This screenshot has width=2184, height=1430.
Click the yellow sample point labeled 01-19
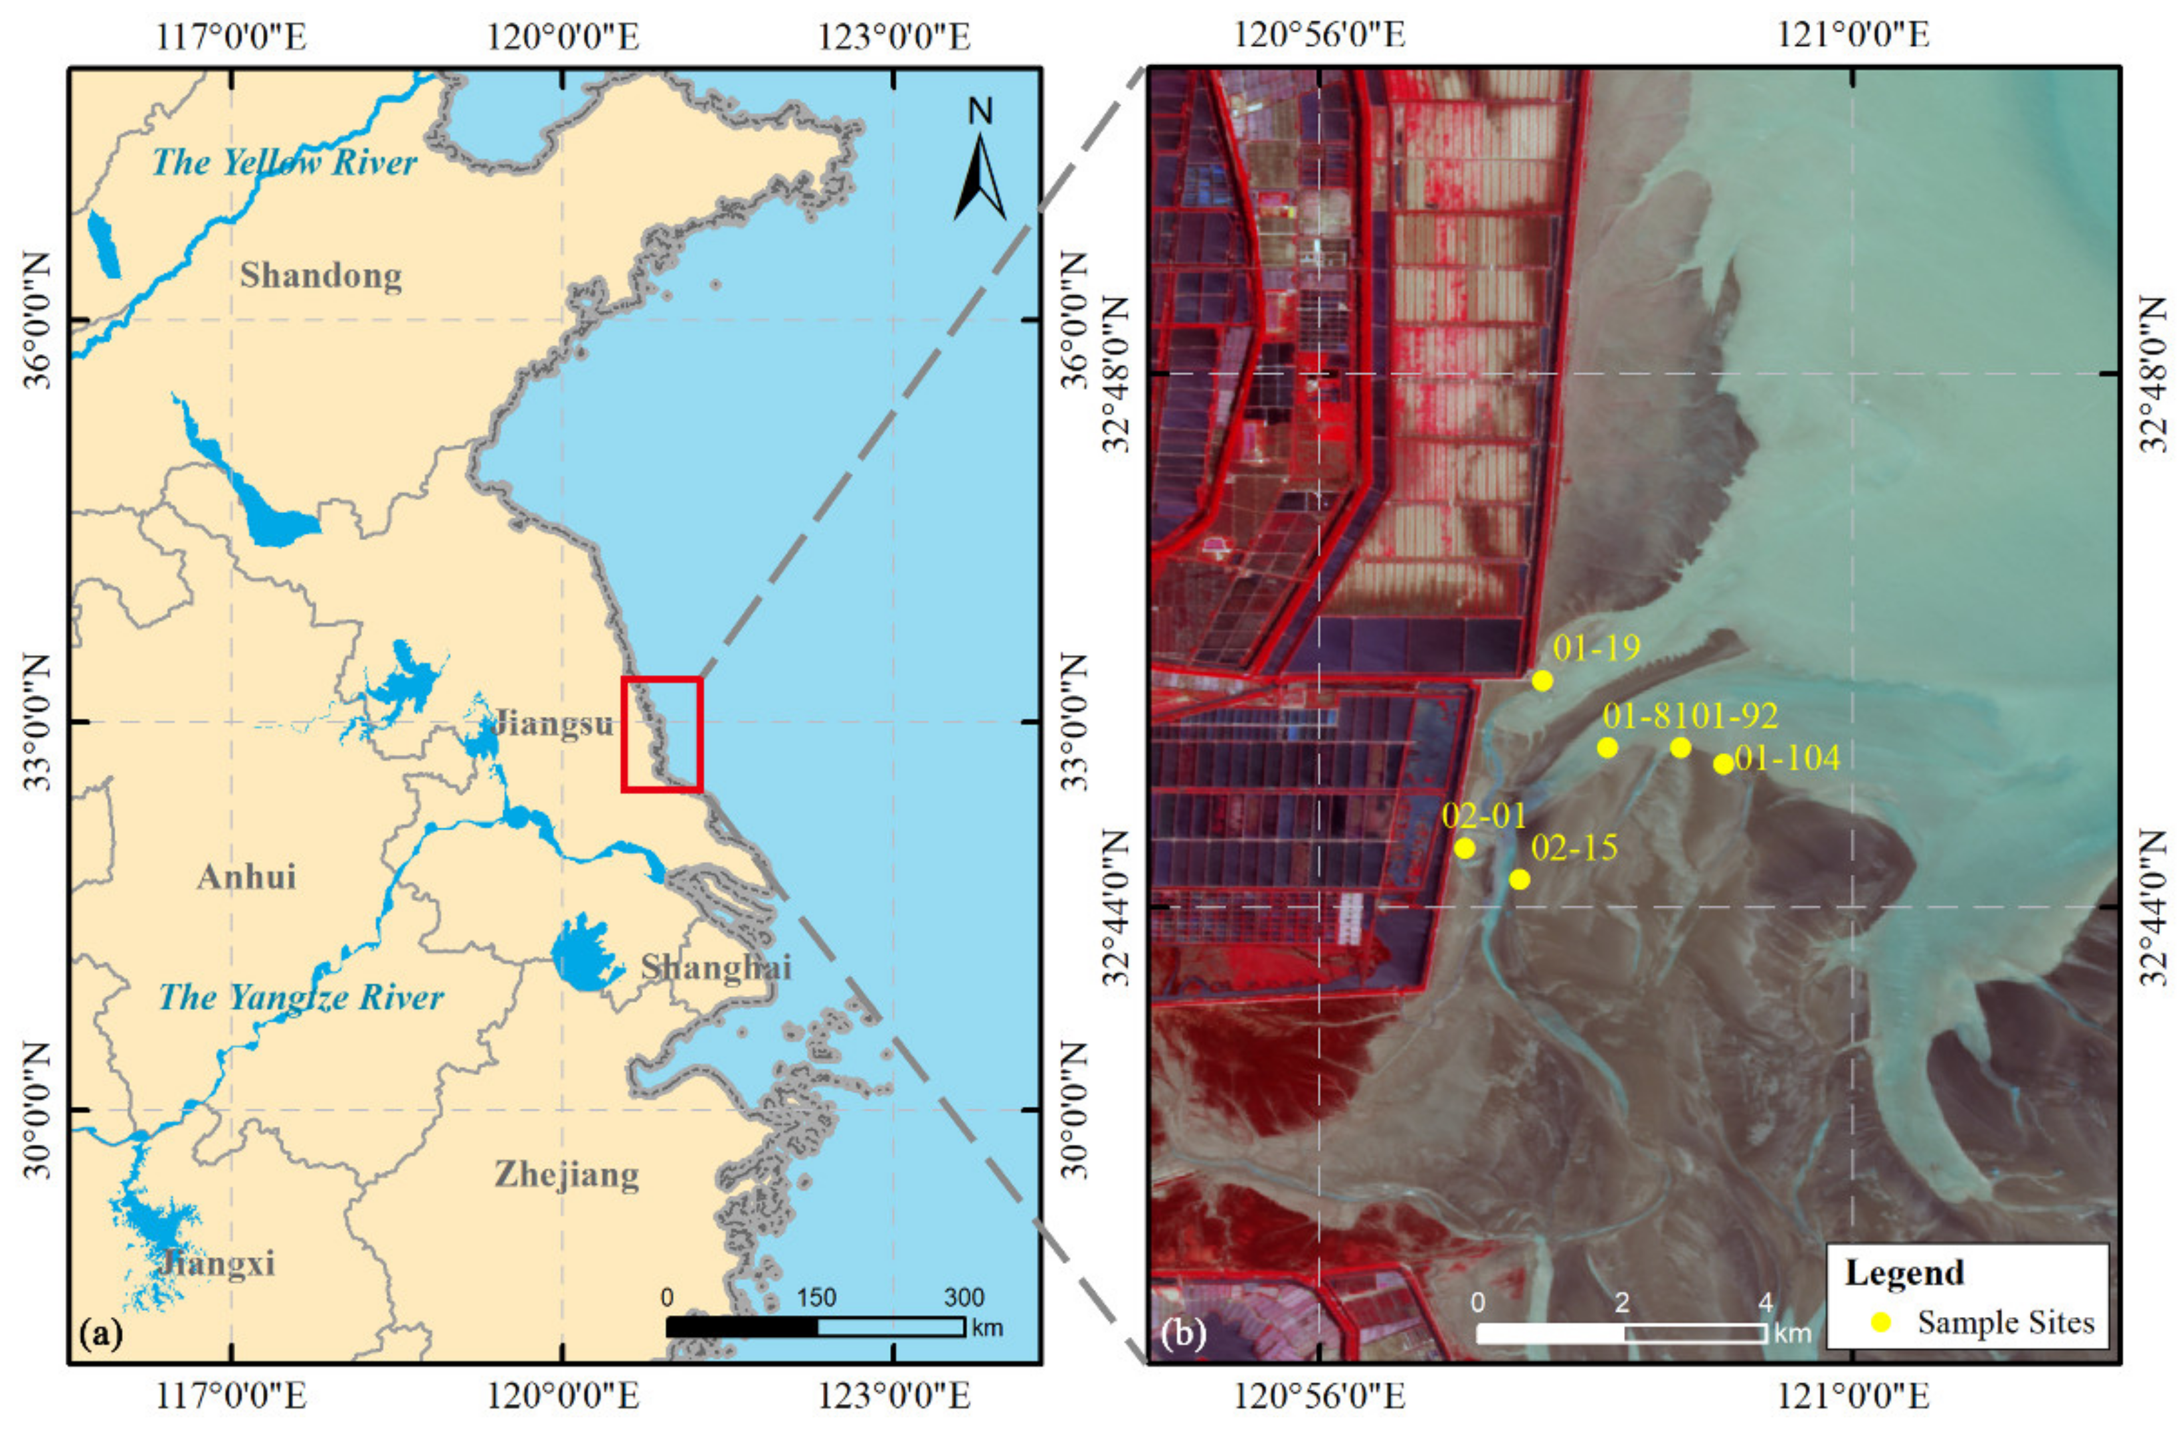click(x=1542, y=680)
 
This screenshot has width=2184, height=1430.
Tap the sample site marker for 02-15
click(x=1520, y=879)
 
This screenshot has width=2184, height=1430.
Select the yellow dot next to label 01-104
click(x=1723, y=764)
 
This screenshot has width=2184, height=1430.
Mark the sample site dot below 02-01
click(x=1465, y=848)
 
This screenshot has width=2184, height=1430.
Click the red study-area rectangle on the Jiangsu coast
click(x=662, y=734)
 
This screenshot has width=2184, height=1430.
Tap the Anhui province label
click(x=246, y=876)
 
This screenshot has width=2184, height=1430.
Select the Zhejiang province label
click(x=566, y=1174)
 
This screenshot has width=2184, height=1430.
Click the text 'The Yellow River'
click(x=284, y=162)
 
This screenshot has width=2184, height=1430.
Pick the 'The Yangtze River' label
click(x=301, y=997)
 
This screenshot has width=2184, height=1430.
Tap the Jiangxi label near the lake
click(x=217, y=1264)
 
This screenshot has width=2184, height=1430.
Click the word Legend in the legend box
click(x=1904, y=1273)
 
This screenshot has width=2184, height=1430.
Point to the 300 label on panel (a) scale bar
click(x=964, y=1297)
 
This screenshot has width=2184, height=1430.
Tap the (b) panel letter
click(x=1183, y=1334)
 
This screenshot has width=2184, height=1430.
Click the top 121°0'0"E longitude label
click(x=1853, y=35)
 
